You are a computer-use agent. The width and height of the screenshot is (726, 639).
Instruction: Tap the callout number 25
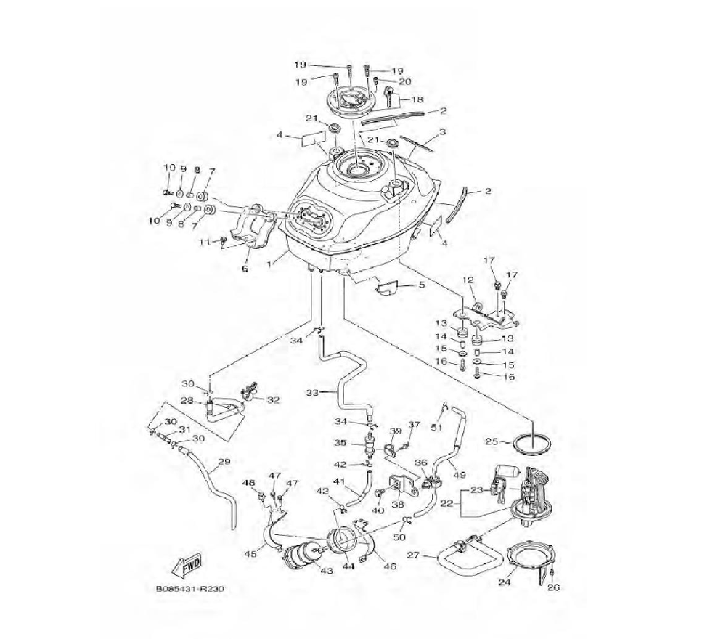(492, 441)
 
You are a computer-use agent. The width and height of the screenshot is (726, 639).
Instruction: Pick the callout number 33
(311, 393)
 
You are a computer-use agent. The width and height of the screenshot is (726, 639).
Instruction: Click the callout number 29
(224, 462)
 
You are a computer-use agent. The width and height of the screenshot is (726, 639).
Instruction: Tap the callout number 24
(504, 582)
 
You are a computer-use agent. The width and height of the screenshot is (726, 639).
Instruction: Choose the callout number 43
(326, 571)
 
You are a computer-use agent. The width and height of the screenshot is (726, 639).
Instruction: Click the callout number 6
(245, 269)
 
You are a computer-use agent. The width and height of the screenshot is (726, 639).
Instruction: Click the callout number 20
(405, 81)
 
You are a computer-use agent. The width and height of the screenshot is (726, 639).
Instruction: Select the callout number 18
(417, 99)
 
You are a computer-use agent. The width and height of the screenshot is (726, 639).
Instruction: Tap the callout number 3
(442, 133)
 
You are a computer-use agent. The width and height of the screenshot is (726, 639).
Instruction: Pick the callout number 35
(340, 441)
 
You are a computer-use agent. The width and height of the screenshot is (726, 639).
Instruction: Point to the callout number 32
(273, 399)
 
